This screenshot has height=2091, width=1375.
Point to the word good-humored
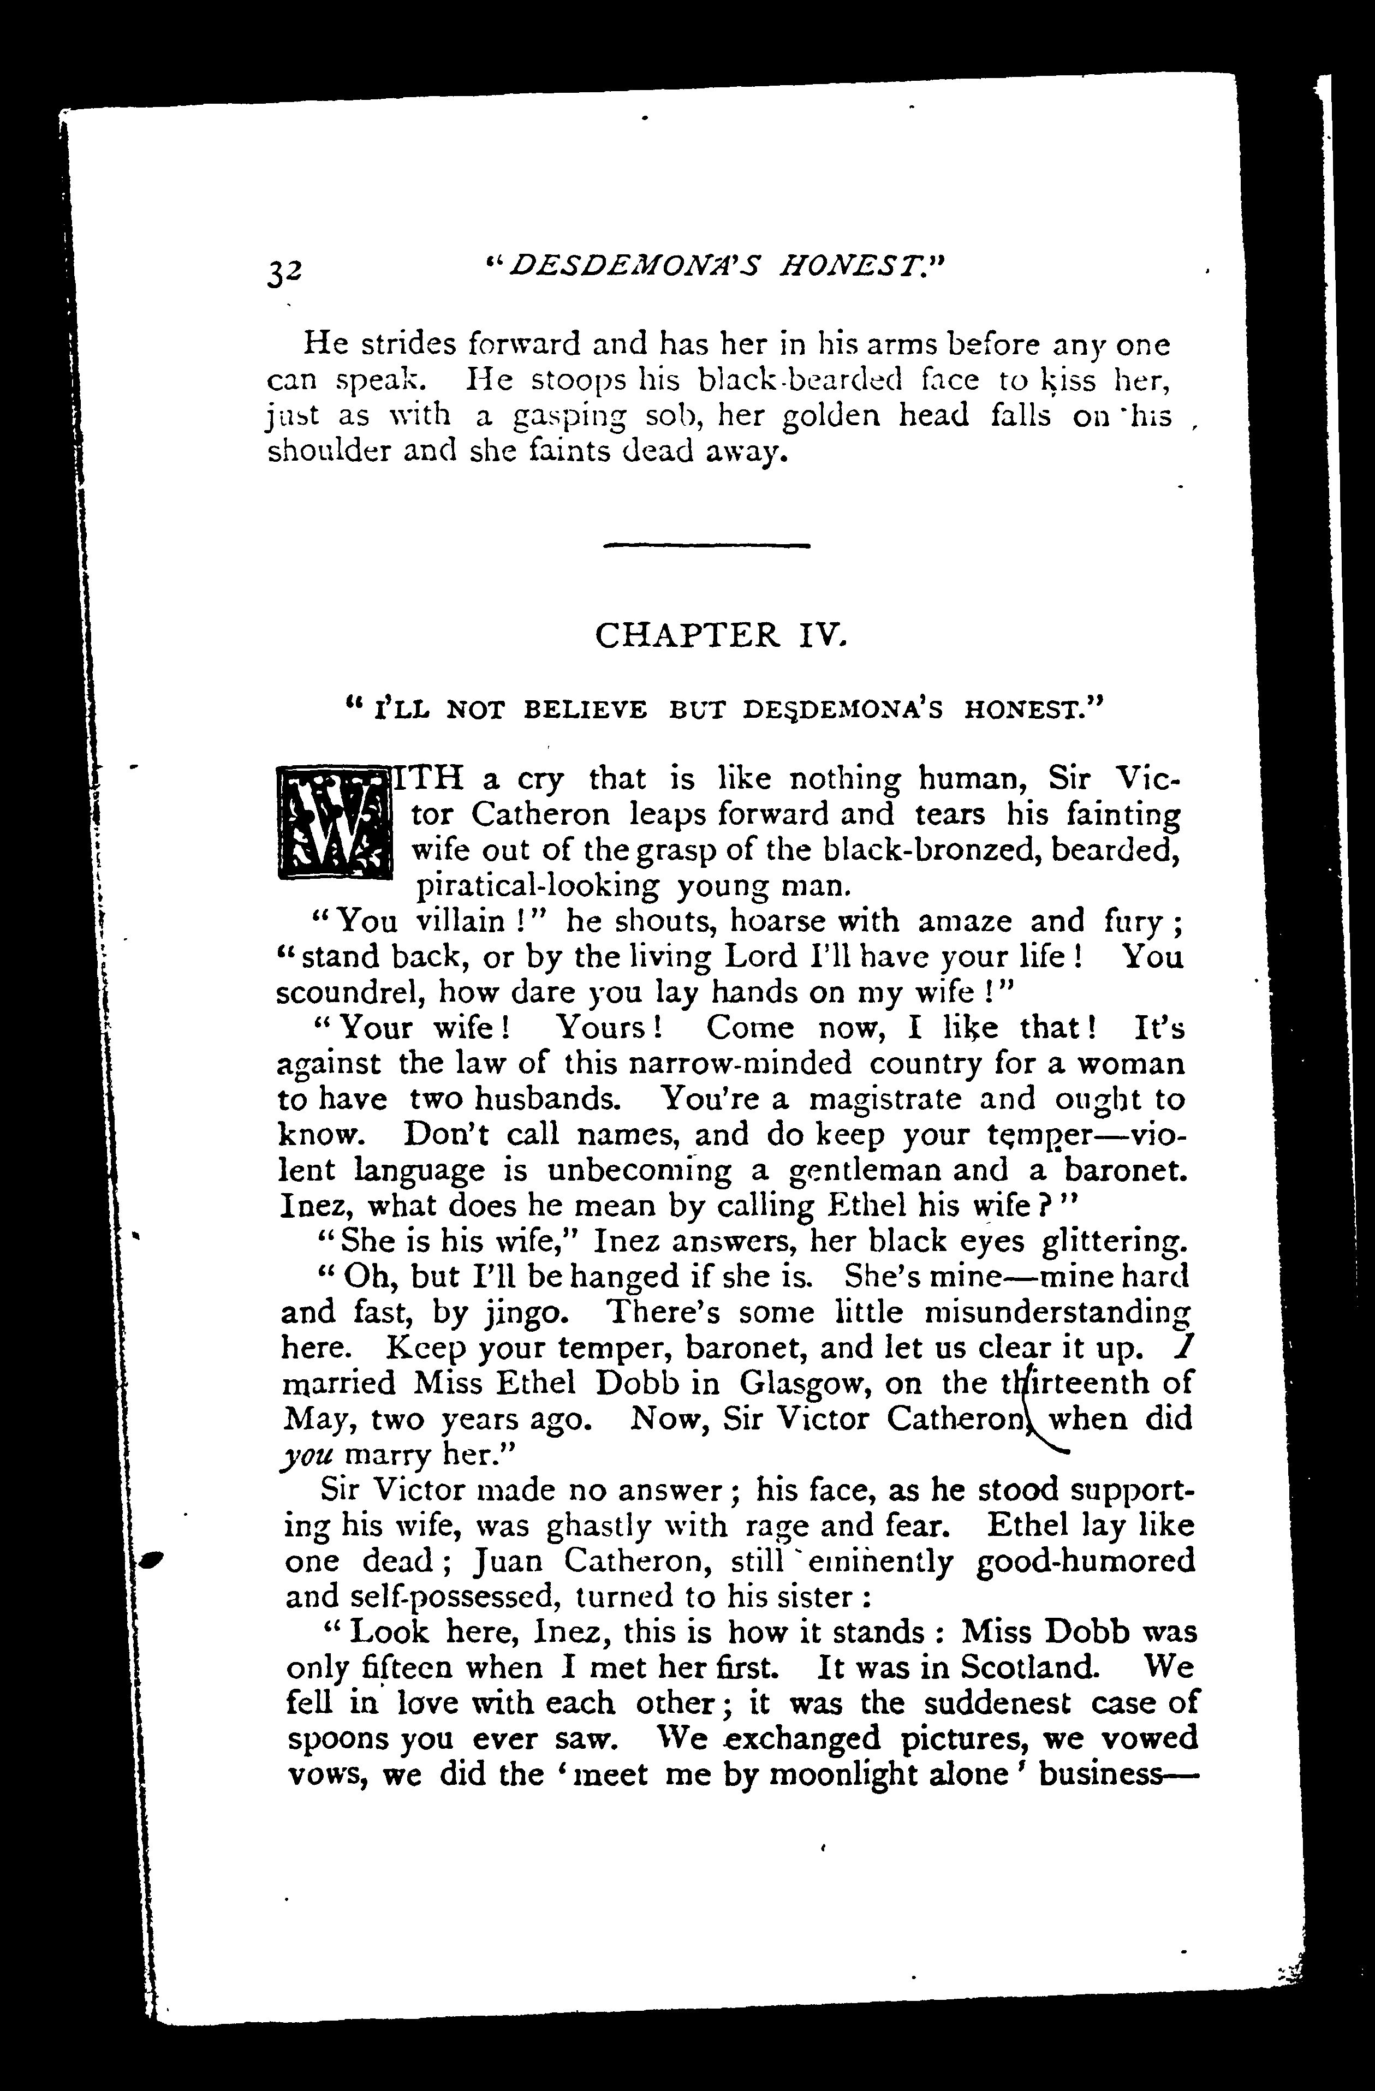coord(1085,1560)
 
